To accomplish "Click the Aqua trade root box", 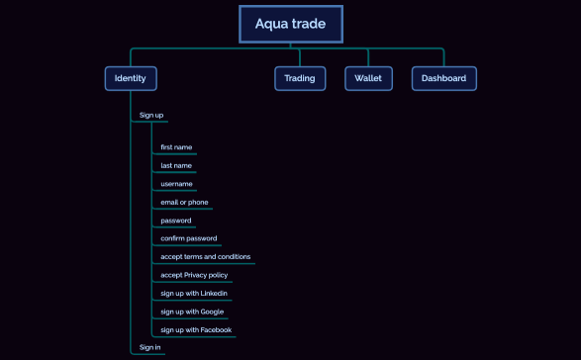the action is (x=290, y=24).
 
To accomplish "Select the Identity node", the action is (x=131, y=78).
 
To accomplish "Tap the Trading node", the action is (x=300, y=78).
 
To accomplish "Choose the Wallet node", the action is (x=367, y=78).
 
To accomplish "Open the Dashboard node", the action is (x=443, y=78).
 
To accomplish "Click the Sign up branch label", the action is (x=151, y=115).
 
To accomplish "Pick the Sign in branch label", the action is (x=150, y=347).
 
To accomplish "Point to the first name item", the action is (x=176, y=147).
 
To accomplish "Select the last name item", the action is (x=176, y=165).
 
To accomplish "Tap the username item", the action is (x=176, y=184).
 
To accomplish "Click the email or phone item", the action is (x=184, y=202).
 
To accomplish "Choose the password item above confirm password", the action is (x=176, y=221).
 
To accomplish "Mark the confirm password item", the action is (x=189, y=238).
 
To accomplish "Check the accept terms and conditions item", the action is (x=205, y=256).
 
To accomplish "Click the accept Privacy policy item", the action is (x=194, y=275).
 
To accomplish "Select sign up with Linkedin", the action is (x=194, y=293).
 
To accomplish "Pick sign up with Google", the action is (x=192, y=312).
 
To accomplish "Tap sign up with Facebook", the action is (x=196, y=329).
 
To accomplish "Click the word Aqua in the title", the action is (x=270, y=24).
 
